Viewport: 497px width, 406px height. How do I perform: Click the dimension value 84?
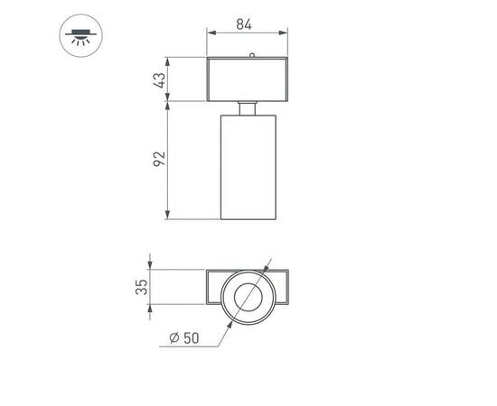pyautogui.click(x=243, y=24)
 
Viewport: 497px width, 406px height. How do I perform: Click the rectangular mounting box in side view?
pyautogui.click(x=247, y=79)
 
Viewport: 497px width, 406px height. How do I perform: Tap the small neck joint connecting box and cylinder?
pyautogui.click(x=247, y=108)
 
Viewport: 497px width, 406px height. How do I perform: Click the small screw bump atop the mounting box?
pyautogui.click(x=251, y=56)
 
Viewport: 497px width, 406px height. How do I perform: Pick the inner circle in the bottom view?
pyautogui.click(x=247, y=295)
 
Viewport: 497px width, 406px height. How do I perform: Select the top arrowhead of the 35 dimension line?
pyautogui.click(x=150, y=272)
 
